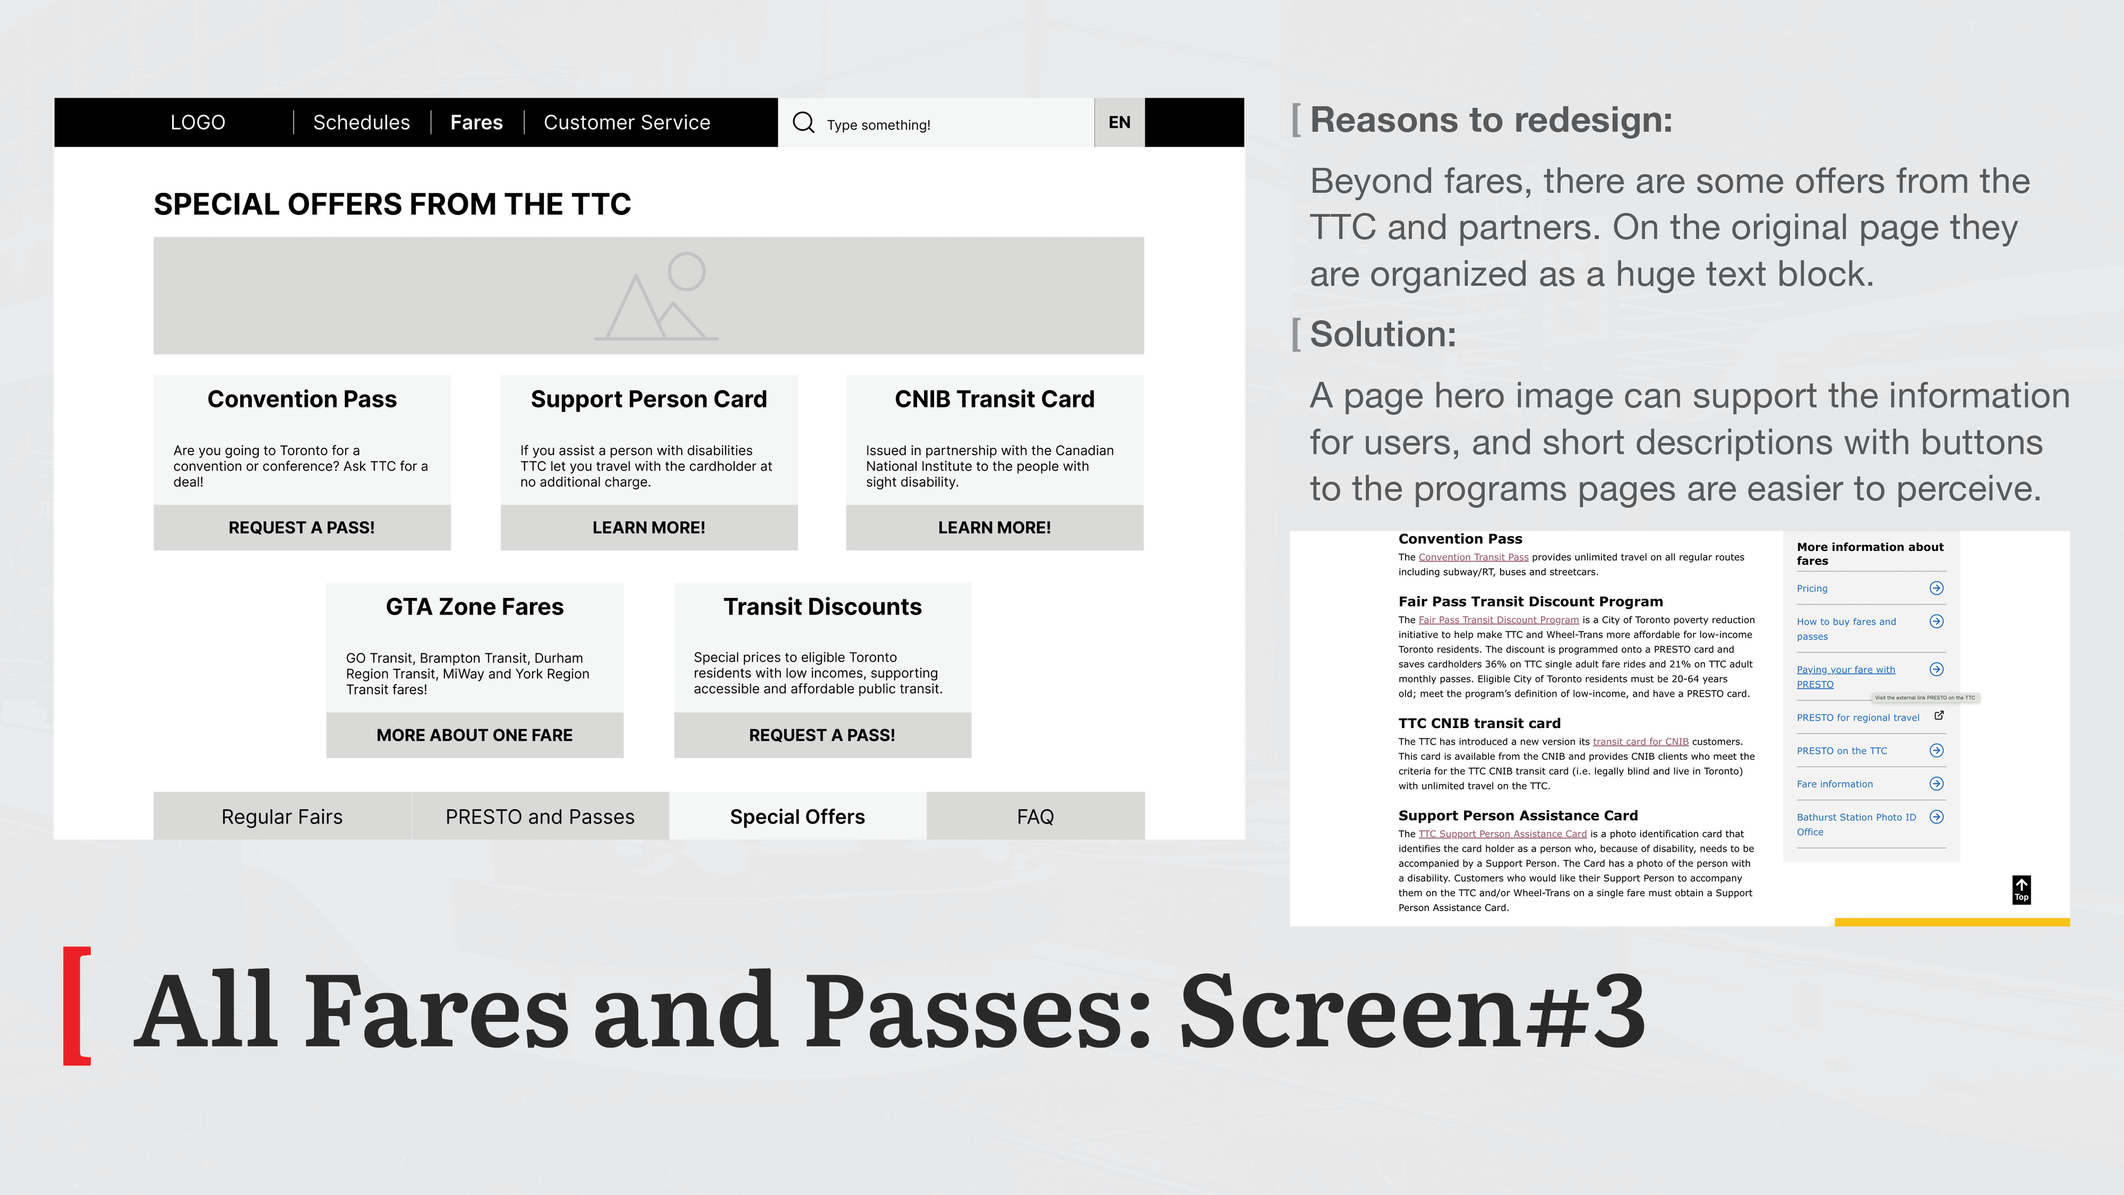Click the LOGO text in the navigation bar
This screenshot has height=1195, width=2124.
198,123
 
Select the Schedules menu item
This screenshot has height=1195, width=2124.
361,123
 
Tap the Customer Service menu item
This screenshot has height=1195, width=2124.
627,123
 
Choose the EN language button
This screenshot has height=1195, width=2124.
1119,123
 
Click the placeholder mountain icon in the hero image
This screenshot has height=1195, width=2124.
656,296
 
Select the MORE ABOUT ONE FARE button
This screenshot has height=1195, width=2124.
475,736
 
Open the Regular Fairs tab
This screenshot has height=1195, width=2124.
282,816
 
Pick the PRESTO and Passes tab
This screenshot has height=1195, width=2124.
540,816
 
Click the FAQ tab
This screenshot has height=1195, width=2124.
1035,816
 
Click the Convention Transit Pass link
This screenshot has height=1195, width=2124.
1474,558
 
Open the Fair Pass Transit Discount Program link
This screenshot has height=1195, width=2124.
1498,620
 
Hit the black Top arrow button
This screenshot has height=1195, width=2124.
2022,890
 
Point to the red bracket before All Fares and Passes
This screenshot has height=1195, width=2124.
76,1006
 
